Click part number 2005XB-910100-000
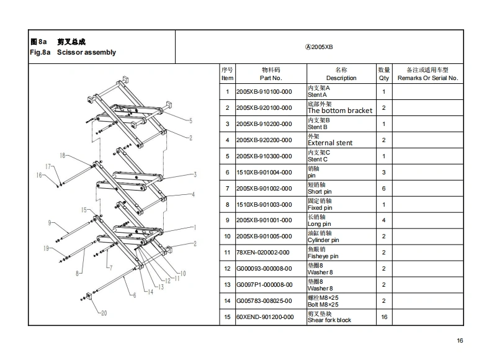264,92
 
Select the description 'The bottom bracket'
340,110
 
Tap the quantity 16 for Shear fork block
384,317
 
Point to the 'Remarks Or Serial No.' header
427,78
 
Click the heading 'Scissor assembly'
86,53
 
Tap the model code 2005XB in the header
320,47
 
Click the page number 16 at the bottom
460,340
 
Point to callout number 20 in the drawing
104,313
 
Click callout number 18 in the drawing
62,155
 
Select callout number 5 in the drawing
190,121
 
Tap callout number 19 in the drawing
46,248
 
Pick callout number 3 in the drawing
195,174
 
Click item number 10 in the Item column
227,236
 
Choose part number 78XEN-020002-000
264,253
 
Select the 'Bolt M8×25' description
323,305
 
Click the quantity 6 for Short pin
384,189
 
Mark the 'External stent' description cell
330,143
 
